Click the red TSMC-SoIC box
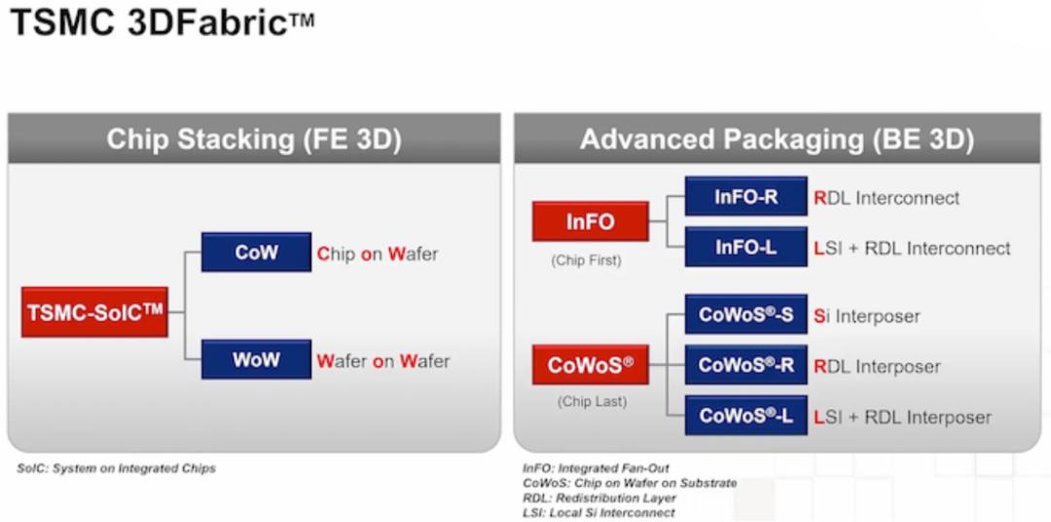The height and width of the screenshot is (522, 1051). (94, 312)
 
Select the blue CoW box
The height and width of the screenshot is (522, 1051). (256, 252)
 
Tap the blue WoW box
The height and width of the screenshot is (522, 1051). (256, 359)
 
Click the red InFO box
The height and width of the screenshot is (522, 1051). (591, 221)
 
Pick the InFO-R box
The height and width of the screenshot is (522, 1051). (746, 197)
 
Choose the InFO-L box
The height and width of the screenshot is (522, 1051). (746, 247)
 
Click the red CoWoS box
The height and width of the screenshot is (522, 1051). (591, 365)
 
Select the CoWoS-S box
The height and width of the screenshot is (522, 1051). (746, 314)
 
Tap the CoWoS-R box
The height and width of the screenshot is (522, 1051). (746, 365)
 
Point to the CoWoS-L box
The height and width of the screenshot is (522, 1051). (746, 415)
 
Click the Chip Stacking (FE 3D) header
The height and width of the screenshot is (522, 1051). (254, 139)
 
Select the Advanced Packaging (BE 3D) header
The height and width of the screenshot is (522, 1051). (778, 139)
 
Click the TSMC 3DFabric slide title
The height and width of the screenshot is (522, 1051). (163, 22)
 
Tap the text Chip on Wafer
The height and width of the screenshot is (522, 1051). (378, 254)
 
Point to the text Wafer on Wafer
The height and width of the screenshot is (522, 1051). (383, 361)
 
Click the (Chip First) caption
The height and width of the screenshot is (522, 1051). (587, 260)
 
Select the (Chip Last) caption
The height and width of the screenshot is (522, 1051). (592, 402)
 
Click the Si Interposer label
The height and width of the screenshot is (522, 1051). (867, 316)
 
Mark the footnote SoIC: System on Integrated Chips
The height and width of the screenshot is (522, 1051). (116, 468)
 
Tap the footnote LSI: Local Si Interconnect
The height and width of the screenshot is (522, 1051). (598, 513)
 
